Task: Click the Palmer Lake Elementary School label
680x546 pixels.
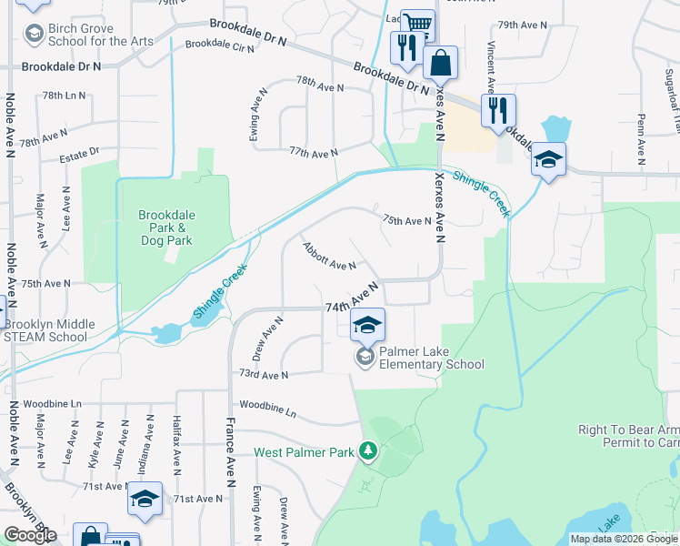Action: click(x=432, y=358)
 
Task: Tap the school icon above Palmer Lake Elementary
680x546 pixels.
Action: click(x=367, y=325)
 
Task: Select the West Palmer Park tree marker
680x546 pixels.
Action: click(x=367, y=451)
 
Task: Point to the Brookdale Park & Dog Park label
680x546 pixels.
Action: click(x=165, y=228)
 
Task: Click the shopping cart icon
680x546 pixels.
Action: click(x=417, y=25)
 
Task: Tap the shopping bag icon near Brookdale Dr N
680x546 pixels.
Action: click(x=440, y=63)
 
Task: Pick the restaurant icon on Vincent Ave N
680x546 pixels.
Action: click(x=498, y=110)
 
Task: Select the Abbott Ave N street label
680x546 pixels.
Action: click(x=329, y=257)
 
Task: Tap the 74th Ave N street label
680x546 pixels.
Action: click(x=352, y=299)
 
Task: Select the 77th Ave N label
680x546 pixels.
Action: click(x=314, y=151)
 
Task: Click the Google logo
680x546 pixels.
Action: click(x=30, y=535)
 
